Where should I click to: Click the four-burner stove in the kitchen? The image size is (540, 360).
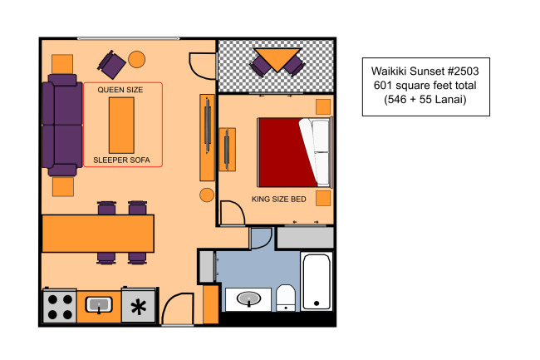pos(59,306)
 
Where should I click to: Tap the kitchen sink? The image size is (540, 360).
pos(99,305)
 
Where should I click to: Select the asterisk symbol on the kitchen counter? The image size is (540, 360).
pos(139,307)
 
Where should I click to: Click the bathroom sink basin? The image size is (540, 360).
pos(248,298)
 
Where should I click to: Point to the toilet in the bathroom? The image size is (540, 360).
pos(286,298)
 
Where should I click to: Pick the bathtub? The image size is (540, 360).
pos(317,282)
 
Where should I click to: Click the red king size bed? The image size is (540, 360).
pos(295,153)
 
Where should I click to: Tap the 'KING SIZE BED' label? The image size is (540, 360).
pos(278,199)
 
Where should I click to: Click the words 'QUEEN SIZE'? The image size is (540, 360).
pos(120,90)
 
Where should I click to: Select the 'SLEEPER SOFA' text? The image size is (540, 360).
pos(121,160)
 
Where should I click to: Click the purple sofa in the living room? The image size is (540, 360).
pos(62,126)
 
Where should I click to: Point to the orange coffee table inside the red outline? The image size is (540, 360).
pos(121,126)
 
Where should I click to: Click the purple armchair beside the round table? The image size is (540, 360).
pos(111,64)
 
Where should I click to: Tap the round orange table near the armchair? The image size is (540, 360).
pos(137,59)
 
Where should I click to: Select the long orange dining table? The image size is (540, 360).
pos(98,234)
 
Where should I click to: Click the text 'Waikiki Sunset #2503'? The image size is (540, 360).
pos(425,72)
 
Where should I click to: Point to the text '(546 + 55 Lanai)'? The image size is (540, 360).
pos(425,100)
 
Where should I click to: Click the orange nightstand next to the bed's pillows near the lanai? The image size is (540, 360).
pos(323,106)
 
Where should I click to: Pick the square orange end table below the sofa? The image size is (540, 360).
pos(63,187)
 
